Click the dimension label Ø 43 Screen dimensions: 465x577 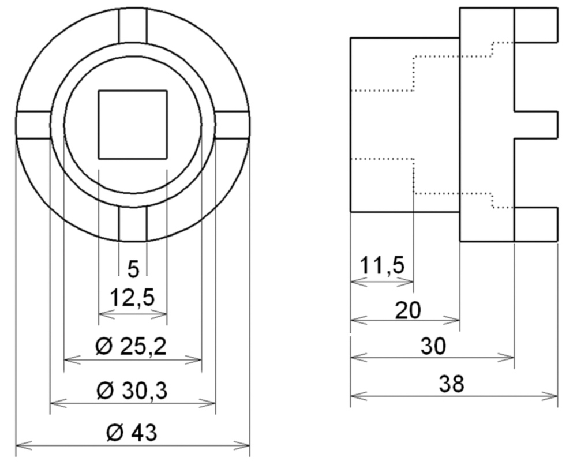tap(132, 433)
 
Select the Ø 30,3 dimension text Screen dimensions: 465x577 tap(132, 391)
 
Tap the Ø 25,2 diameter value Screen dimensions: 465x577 tap(132, 347)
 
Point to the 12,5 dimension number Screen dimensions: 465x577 tap(132, 299)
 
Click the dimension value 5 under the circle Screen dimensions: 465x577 tap(133, 269)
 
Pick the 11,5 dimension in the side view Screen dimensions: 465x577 tap(382, 267)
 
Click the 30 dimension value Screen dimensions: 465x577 tap(433, 346)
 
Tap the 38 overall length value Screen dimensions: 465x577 tap(451, 384)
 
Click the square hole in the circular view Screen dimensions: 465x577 tap(133, 124)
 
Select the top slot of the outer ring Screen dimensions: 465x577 tap(133, 26)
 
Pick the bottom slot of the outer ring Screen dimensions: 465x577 tap(133, 224)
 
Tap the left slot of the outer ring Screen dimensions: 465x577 tap(33, 125)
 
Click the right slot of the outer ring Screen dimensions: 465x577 tap(232, 125)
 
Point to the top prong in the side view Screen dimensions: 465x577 tap(536, 25)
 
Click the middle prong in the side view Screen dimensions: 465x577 tap(536, 125)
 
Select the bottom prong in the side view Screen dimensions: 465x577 tap(536, 224)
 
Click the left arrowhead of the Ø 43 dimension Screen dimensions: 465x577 tap(19, 445)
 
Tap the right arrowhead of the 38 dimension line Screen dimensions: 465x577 tap(554, 396)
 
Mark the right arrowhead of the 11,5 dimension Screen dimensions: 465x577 tap(411, 282)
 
